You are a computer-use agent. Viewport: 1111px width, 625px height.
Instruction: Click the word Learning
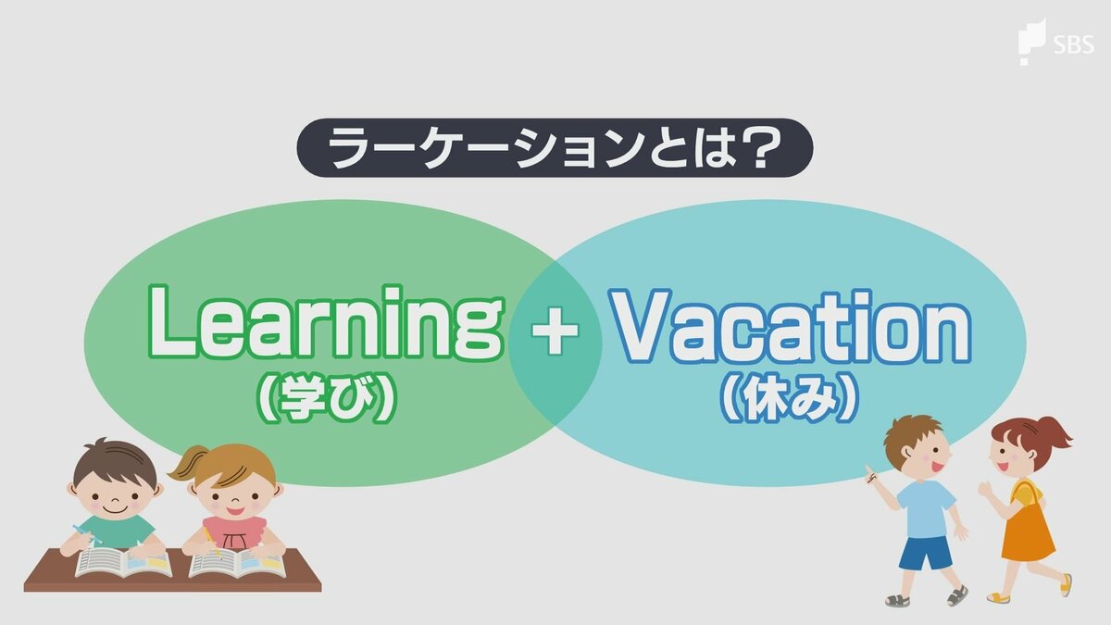(326, 322)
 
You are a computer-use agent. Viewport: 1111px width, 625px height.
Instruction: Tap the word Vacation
(790, 326)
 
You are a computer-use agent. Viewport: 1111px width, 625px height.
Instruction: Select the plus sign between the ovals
(555, 331)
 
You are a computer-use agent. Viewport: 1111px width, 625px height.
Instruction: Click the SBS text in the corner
(1074, 45)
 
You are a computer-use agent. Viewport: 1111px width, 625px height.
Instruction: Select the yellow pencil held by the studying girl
(211, 541)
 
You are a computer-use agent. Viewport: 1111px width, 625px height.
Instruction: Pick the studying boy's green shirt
(118, 531)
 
